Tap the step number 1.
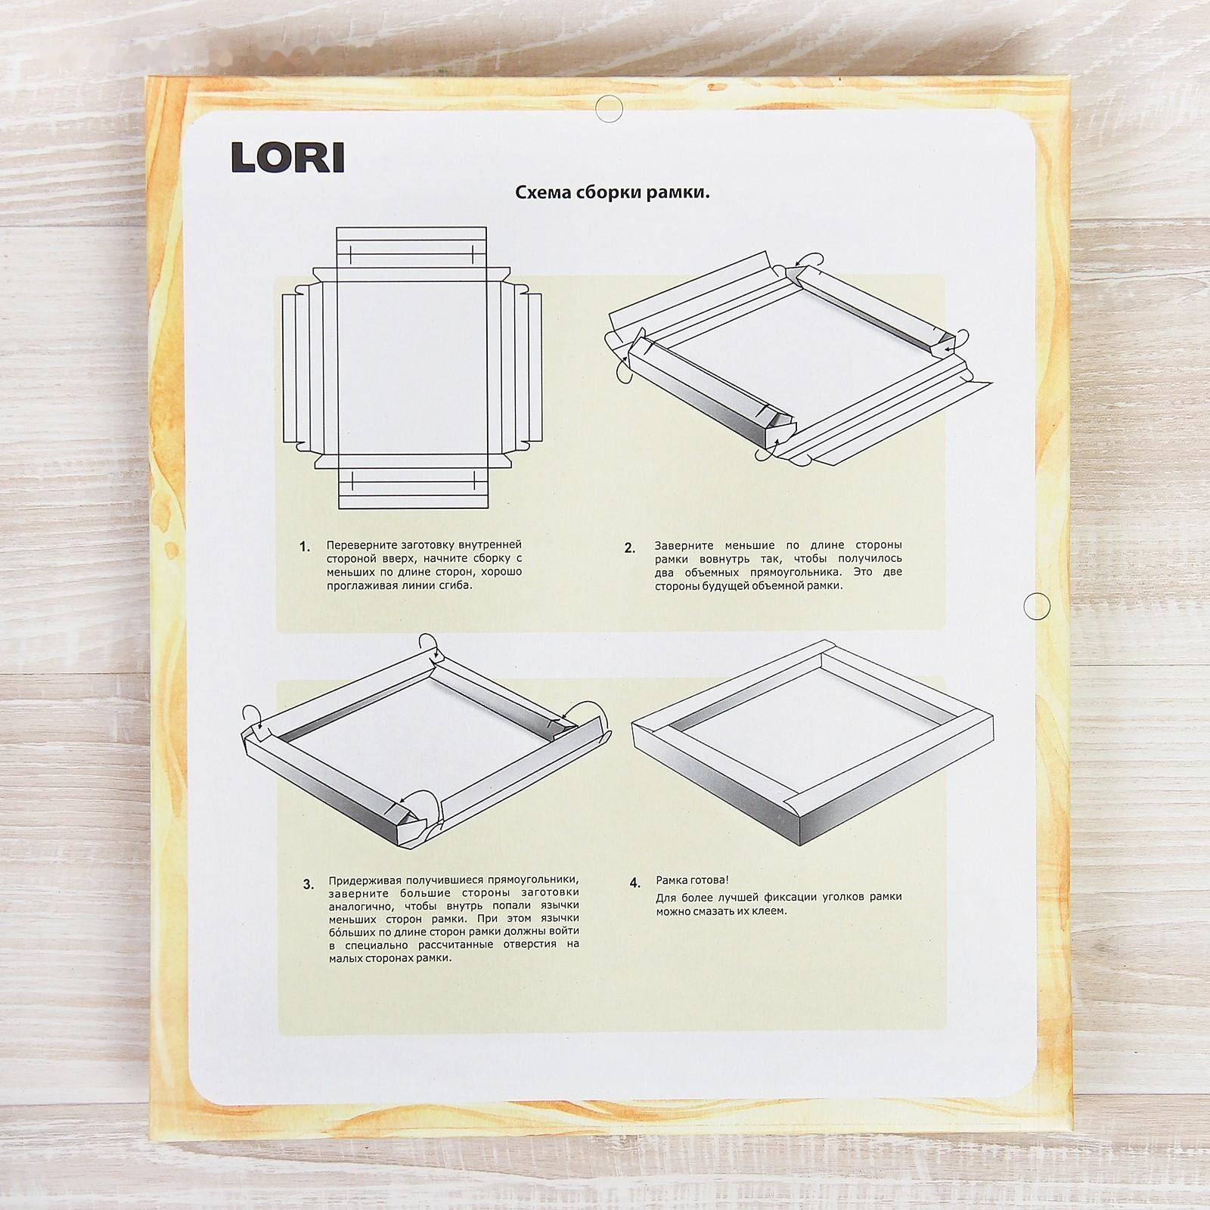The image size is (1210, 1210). coord(305,547)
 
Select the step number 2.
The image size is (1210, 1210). coord(630,548)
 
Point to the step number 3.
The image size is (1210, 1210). coord(308,884)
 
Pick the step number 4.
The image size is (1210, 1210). coord(634,883)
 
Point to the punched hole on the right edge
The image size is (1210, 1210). coord(1036,605)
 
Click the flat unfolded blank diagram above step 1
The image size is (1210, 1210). coord(413,370)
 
